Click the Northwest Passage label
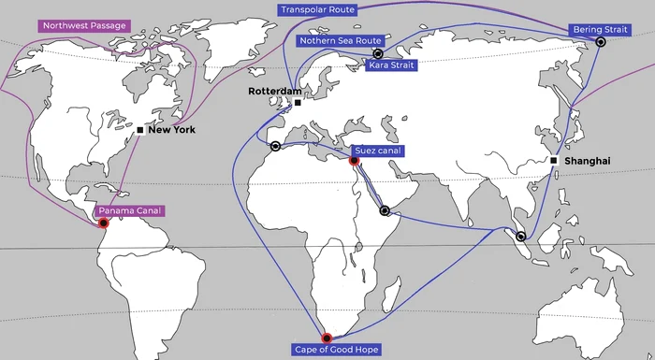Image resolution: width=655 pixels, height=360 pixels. pos(83,25)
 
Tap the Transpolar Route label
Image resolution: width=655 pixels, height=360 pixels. pos(318,10)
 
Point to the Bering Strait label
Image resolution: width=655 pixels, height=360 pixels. pos(603,30)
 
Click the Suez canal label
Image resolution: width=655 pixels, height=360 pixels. pos(377,150)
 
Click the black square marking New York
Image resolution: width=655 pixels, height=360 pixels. pos(139,130)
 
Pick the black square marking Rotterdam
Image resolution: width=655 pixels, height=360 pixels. pos(298,102)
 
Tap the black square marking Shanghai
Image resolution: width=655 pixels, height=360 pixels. pos(554,161)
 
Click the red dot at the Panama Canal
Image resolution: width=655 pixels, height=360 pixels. pos(104,223)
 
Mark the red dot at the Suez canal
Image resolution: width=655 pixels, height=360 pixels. pos(354,161)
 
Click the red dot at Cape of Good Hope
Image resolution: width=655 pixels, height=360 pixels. pos(327,338)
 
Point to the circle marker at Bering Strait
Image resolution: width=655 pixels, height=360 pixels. pos(601,42)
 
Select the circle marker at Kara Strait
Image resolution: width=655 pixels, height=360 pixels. pos(378,54)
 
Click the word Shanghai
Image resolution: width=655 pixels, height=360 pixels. pos(586,161)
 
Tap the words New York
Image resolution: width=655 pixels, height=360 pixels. pos(171,130)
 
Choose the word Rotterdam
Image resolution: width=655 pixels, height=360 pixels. pos(274,92)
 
